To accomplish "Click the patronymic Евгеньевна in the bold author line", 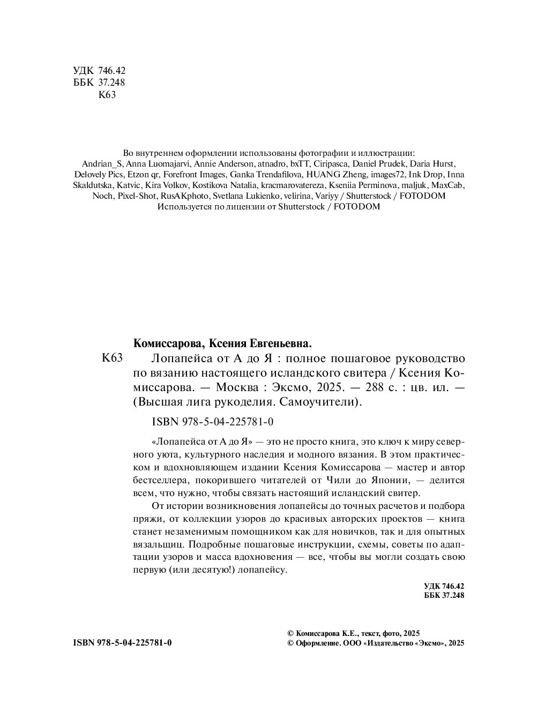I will [278, 343].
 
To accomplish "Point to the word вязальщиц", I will [158, 544].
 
